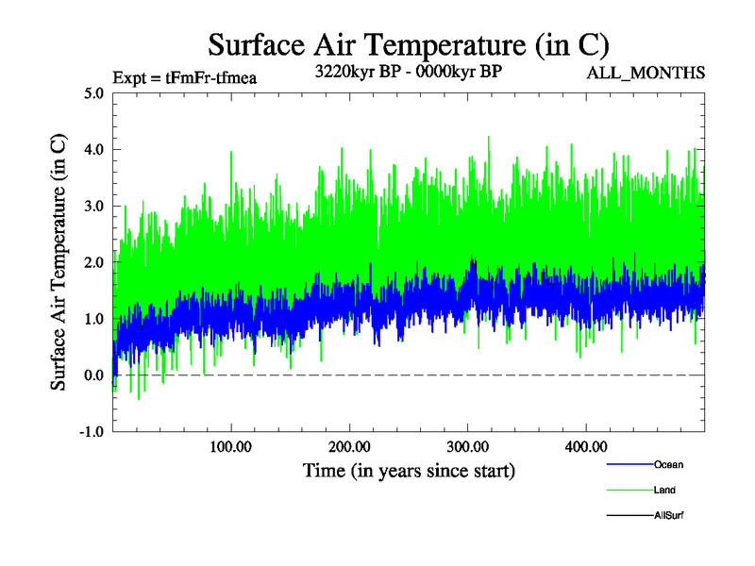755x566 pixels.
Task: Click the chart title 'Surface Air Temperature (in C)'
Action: click(x=409, y=44)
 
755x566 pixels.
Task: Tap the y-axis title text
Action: click(x=59, y=261)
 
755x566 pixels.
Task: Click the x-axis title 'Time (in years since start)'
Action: click(x=409, y=470)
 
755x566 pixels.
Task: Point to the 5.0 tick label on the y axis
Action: click(x=93, y=93)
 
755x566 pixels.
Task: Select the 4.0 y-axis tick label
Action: click(x=93, y=149)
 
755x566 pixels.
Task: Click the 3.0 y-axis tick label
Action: click(x=93, y=206)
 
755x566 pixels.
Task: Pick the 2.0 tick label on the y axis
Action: click(x=93, y=262)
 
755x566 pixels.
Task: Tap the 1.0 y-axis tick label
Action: click(x=93, y=319)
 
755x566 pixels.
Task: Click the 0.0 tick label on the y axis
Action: click(x=93, y=375)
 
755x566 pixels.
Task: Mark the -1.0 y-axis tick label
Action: click(x=92, y=432)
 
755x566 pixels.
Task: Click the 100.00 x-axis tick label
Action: click(x=231, y=445)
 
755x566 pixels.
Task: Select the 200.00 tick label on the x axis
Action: click(x=349, y=445)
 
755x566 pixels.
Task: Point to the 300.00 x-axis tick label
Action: click(x=467, y=445)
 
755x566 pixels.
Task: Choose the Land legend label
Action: click(x=664, y=490)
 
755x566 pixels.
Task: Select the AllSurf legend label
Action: click(x=669, y=515)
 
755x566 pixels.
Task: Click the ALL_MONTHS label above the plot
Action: click(x=646, y=73)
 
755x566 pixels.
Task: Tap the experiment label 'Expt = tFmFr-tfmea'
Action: click(x=184, y=77)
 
